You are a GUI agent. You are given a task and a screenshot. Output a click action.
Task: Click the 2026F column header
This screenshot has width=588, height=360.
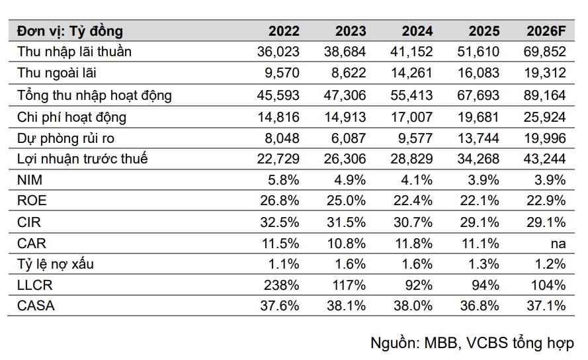coord(546,31)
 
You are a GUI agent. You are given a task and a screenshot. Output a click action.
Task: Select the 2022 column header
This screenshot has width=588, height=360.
coord(284,31)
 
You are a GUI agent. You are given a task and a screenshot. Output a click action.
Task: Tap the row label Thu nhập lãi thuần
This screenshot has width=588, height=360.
coord(74,52)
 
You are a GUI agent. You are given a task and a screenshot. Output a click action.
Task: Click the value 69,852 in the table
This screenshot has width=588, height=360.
coord(544,52)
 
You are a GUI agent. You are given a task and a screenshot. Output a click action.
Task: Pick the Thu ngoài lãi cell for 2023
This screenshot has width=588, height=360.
coord(349,73)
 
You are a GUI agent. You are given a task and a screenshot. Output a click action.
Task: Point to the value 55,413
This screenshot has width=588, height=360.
coord(411,95)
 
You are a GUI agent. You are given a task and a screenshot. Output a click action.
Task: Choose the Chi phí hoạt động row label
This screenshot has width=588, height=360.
coord(71,117)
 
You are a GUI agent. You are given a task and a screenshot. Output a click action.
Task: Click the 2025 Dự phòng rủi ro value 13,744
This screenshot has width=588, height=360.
coord(478,138)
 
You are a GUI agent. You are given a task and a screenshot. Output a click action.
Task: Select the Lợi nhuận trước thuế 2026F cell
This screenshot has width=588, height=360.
coord(544,159)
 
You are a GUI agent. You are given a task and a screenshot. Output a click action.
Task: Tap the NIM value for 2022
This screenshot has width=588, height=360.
coord(284,180)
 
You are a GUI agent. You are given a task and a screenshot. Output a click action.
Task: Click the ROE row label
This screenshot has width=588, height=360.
coord(32,201)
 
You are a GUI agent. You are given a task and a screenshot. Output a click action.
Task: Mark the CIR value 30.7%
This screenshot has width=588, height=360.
coord(413,222)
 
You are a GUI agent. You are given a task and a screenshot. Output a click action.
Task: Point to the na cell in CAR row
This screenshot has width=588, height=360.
coord(558,244)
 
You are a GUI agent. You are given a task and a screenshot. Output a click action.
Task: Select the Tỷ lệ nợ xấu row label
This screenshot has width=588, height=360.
coord(56,264)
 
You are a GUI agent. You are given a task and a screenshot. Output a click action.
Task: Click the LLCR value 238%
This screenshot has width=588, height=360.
coord(281,285)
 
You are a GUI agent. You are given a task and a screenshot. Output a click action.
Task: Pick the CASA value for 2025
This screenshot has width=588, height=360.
coord(480,306)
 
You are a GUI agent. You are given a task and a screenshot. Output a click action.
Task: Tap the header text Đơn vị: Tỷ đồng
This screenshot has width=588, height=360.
coord(70,32)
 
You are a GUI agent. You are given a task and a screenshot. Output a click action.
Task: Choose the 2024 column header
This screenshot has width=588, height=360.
coord(417,31)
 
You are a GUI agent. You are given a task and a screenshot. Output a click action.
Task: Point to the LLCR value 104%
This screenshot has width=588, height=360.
coord(548,285)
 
